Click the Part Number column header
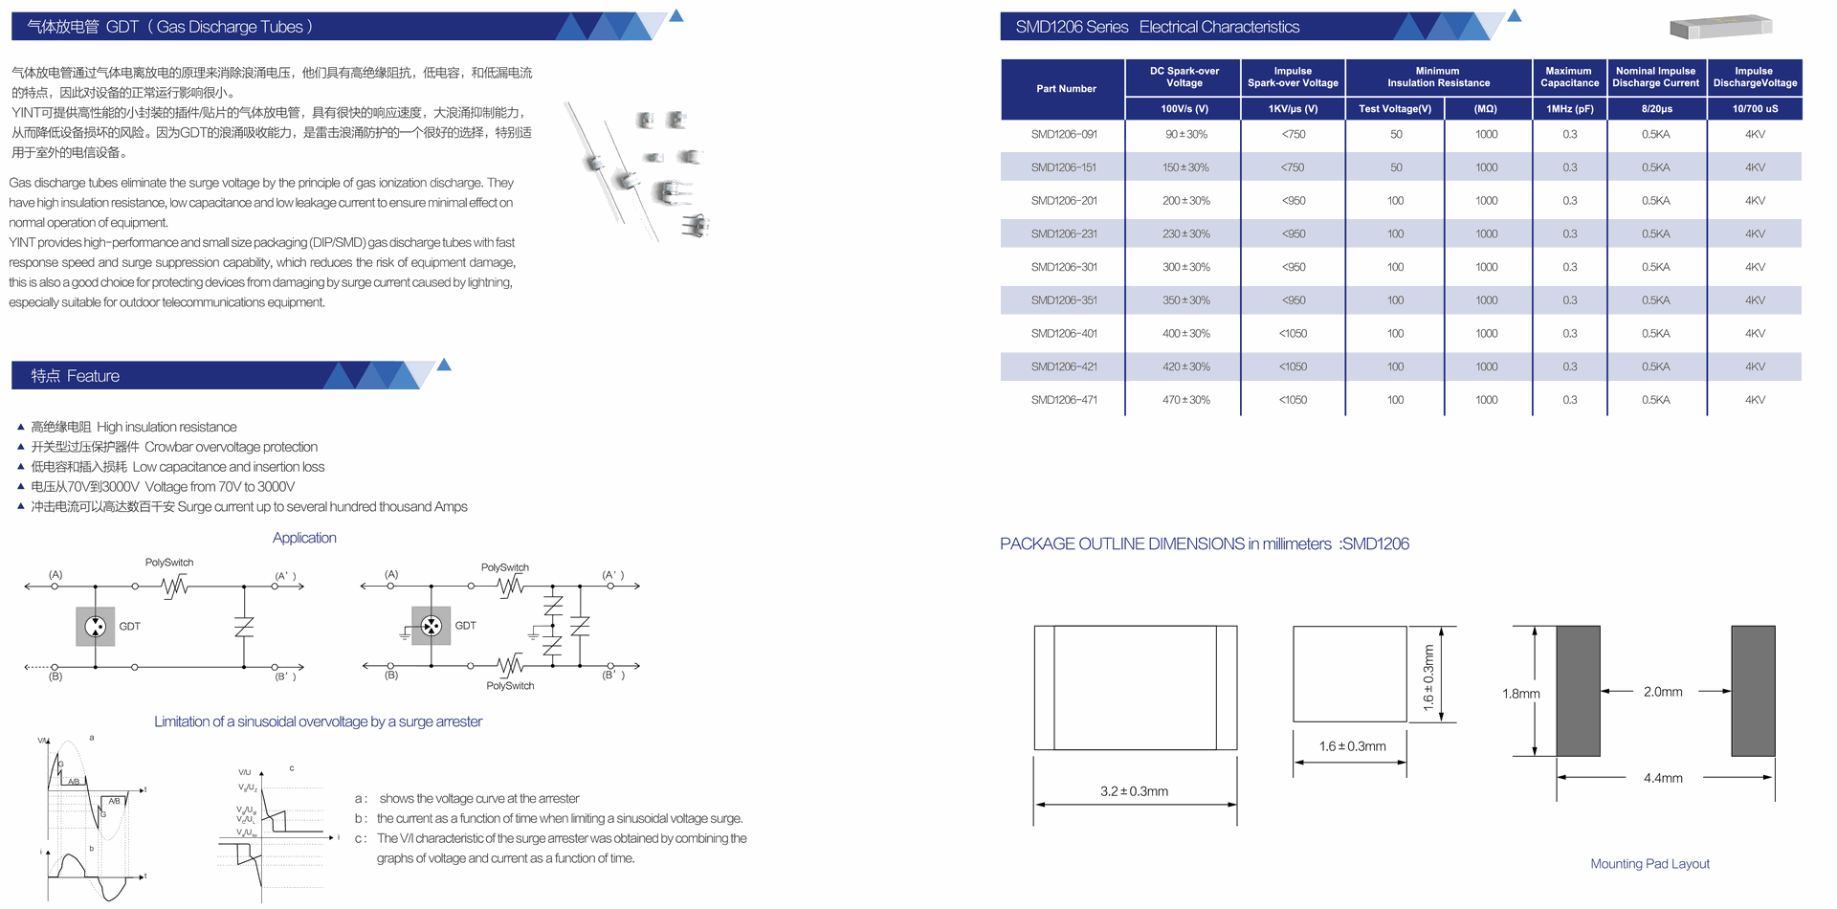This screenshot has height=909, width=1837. [x=1066, y=89]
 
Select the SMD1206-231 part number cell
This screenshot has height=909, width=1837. [x=1064, y=233]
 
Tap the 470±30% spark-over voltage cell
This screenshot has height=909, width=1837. [x=1185, y=400]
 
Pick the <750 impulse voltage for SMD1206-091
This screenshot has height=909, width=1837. [x=1293, y=135]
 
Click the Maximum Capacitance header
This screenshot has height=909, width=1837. [x=1569, y=77]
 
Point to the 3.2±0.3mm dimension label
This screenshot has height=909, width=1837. [x=1134, y=791]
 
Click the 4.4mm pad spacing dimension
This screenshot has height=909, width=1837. [x=1663, y=778]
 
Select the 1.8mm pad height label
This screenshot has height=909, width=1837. [x=1520, y=694]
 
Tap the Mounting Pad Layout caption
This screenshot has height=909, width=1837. [x=1649, y=863]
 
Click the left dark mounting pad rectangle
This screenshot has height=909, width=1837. [x=1578, y=691]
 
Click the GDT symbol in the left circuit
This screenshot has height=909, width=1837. [x=96, y=627]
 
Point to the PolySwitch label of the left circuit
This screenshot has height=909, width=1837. [x=169, y=563]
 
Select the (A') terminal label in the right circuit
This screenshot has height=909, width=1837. [x=612, y=575]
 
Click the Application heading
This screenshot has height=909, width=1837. [x=304, y=538]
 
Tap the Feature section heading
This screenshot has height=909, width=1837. [x=76, y=376]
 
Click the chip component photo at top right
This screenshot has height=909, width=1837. [x=1720, y=28]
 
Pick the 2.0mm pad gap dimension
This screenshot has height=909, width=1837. [x=1663, y=692]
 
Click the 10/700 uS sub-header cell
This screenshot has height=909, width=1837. [x=1755, y=109]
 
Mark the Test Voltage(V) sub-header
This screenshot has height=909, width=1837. [x=1395, y=109]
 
